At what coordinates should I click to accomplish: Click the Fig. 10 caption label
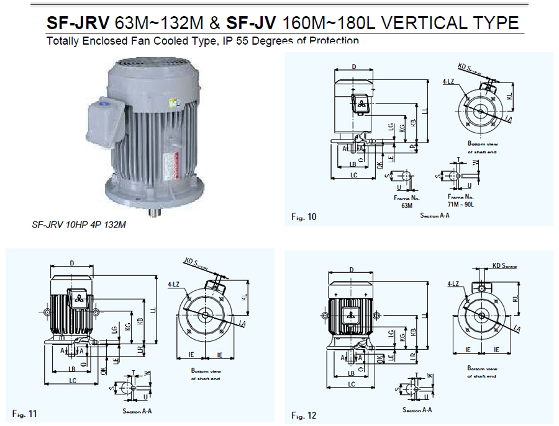[304, 216]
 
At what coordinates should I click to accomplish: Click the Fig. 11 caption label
[25, 413]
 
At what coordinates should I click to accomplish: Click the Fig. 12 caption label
[304, 415]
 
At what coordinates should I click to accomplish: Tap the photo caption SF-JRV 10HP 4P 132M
[78, 225]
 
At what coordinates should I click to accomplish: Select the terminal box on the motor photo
[102, 120]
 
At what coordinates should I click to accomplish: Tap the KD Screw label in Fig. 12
[504, 265]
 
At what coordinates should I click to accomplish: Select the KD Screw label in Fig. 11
[199, 263]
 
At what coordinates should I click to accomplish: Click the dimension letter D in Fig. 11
[72, 264]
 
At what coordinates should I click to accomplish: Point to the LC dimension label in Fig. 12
[352, 384]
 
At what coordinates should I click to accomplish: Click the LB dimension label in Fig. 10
[353, 164]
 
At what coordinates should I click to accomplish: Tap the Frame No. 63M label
[407, 200]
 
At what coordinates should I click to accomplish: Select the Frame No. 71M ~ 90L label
[460, 200]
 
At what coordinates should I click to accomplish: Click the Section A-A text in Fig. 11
[138, 411]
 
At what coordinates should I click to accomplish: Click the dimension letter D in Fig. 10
[353, 66]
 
